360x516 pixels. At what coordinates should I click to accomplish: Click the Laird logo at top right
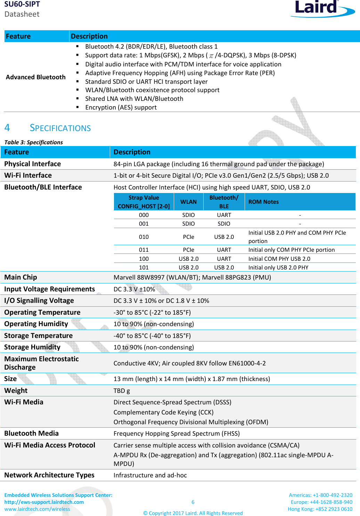(321, 8)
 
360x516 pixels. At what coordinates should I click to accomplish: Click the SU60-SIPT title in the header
(22, 4)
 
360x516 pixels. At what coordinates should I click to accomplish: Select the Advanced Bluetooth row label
(35, 77)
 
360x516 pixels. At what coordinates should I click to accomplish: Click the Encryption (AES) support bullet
(121, 107)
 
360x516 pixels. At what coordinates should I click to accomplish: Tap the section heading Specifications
(60, 128)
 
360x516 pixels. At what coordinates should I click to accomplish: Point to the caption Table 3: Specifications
(33, 142)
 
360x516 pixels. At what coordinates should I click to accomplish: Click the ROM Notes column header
(263, 202)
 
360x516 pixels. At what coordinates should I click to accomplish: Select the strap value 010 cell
(144, 237)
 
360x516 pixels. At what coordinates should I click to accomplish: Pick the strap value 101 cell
(144, 267)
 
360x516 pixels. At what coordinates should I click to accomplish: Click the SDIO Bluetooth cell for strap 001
(224, 224)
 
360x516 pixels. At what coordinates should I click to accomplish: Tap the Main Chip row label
(21, 277)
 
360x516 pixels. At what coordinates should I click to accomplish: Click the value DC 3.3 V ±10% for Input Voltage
(134, 289)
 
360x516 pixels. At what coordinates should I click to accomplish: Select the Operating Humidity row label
(36, 324)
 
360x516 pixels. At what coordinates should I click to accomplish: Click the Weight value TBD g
(122, 390)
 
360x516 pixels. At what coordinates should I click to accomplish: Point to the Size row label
(10, 379)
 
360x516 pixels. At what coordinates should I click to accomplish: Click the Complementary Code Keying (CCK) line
(163, 412)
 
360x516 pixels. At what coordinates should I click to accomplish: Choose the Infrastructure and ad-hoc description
(150, 475)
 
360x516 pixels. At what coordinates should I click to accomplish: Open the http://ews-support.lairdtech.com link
(44, 502)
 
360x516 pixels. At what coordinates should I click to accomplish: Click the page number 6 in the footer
(193, 502)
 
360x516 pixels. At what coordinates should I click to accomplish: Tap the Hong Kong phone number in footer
(320, 509)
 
